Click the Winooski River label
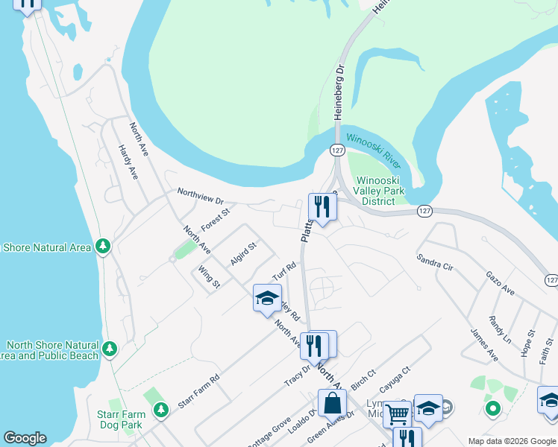[373, 148]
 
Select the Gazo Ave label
[500, 283]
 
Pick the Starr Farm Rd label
[199, 390]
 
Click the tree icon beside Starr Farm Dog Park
[161, 409]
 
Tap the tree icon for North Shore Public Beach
[110, 348]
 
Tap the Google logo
[25, 438]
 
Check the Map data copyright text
[512, 441]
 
